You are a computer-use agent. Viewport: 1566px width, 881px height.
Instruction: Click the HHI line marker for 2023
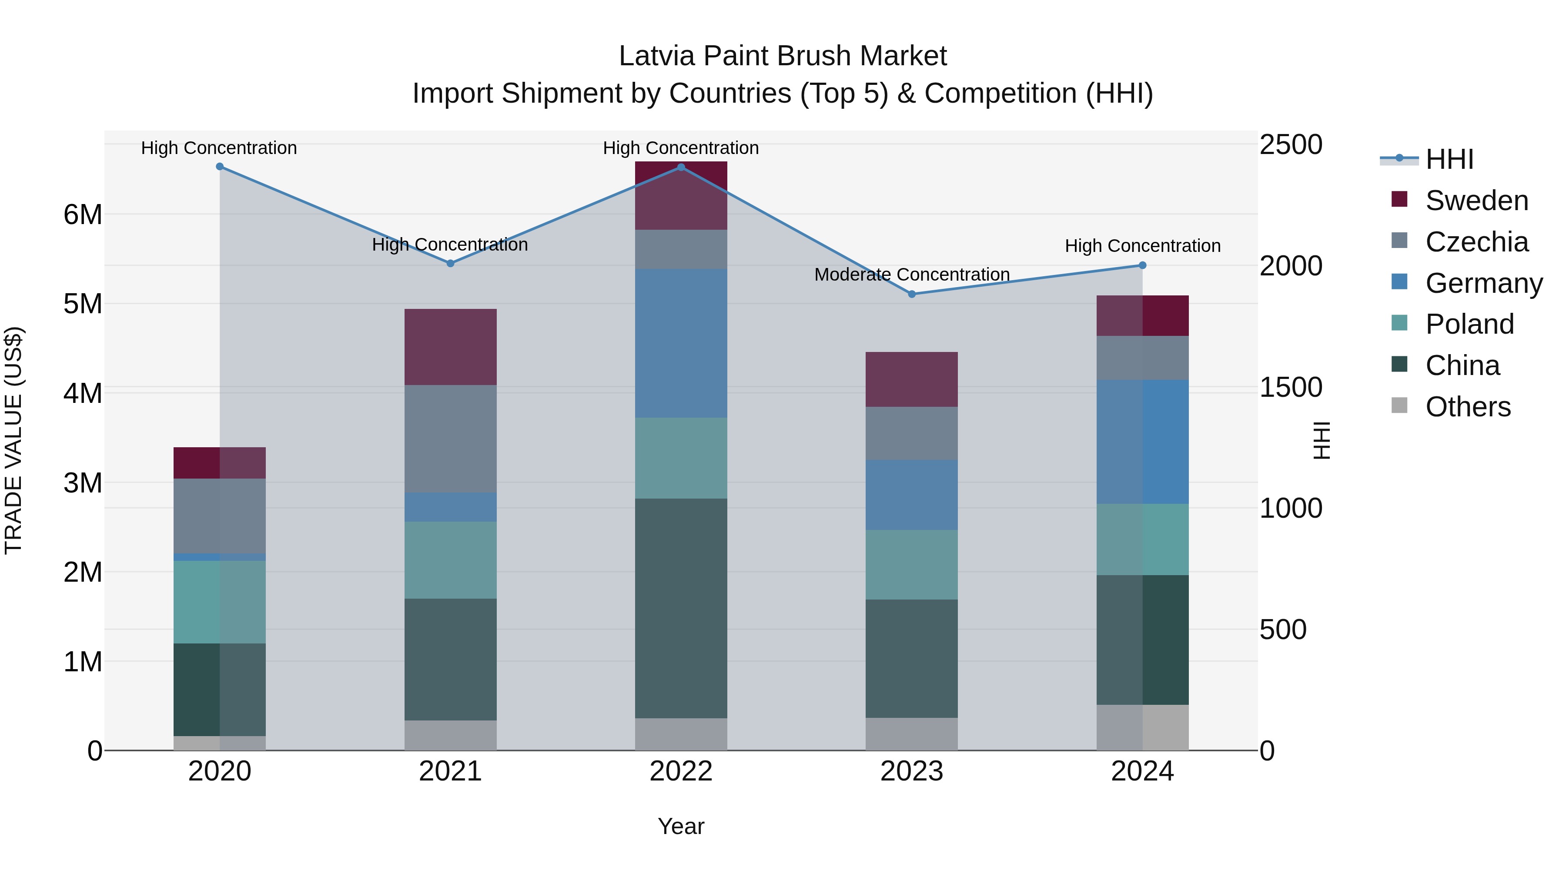click(x=911, y=294)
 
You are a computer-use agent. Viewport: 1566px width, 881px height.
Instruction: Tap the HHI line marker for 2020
click(x=220, y=167)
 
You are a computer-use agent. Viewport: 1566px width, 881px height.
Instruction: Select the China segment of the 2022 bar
click(x=681, y=608)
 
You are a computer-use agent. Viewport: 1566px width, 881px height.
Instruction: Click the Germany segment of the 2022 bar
click(x=681, y=344)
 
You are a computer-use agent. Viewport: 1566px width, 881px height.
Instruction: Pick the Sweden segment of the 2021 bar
click(x=451, y=347)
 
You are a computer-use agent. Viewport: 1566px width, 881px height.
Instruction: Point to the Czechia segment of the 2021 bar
click(x=451, y=439)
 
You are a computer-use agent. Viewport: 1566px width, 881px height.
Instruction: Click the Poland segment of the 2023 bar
click(x=911, y=564)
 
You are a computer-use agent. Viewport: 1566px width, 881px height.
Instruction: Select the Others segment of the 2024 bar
click(x=1142, y=727)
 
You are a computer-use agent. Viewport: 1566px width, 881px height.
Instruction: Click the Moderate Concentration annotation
click(x=911, y=275)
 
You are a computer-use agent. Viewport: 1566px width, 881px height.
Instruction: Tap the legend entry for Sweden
click(x=1476, y=201)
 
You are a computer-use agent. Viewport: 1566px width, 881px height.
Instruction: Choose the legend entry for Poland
click(x=1469, y=324)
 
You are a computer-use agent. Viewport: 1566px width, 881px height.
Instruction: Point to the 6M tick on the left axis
click(x=83, y=214)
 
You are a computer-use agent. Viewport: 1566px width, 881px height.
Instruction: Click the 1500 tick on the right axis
click(x=1290, y=387)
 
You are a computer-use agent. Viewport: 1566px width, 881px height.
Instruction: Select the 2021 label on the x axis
click(x=451, y=771)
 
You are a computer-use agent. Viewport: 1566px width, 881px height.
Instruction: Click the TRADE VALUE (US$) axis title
click(x=13, y=440)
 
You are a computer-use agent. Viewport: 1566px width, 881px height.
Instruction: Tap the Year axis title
click(x=681, y=826)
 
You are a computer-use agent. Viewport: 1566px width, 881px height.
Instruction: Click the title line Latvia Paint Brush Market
click(x=783, y=56)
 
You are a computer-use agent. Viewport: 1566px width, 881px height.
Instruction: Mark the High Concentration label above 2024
click(x=1142, y=246)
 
